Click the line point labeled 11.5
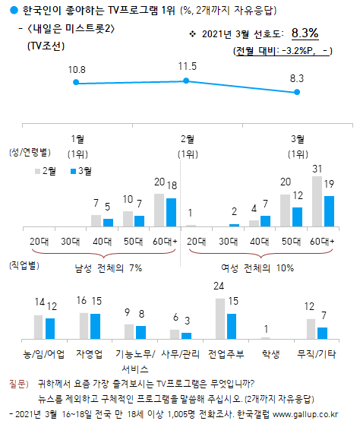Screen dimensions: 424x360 tap(186, 81)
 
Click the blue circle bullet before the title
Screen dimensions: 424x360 tap(6, 9)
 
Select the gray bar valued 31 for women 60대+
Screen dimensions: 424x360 tap(317, 201)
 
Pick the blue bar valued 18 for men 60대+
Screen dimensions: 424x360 tap(172, 212)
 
